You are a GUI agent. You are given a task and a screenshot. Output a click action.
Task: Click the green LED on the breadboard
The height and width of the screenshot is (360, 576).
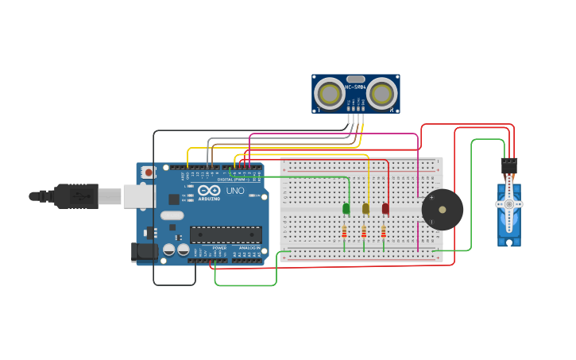pos(346,208)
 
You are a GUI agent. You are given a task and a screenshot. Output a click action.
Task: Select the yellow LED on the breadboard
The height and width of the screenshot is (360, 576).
pos(365,208)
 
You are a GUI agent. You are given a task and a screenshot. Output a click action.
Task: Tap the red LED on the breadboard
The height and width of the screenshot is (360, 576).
pos(385,208)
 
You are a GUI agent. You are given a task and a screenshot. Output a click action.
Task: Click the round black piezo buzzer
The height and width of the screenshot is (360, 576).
pos(443,210)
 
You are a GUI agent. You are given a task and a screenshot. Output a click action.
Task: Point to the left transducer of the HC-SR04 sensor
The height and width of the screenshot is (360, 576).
pos(328,94)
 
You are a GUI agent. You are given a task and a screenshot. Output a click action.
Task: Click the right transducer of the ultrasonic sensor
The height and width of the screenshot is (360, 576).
pos(381,94)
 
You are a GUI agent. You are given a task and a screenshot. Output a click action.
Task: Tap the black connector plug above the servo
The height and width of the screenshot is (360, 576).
pos(509,165)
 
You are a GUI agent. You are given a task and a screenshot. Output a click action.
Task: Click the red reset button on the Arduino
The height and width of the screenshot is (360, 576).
pos(148,172)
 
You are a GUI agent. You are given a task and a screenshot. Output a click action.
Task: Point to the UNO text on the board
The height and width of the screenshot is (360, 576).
pos(235,191)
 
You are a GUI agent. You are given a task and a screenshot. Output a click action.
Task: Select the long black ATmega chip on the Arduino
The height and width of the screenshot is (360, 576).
pos(226,234)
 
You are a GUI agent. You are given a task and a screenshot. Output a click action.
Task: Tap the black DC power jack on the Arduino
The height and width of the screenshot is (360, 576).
pos(144,251)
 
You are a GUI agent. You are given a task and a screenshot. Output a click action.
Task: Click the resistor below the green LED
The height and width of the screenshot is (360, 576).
pos(344,231)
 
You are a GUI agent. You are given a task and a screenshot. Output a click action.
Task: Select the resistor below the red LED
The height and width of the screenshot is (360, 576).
pos(383,231)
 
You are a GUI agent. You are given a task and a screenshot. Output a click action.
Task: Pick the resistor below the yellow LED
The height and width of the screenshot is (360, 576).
pos(364,231)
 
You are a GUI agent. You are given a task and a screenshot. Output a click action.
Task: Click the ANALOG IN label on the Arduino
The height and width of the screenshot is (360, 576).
pos(247,248)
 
